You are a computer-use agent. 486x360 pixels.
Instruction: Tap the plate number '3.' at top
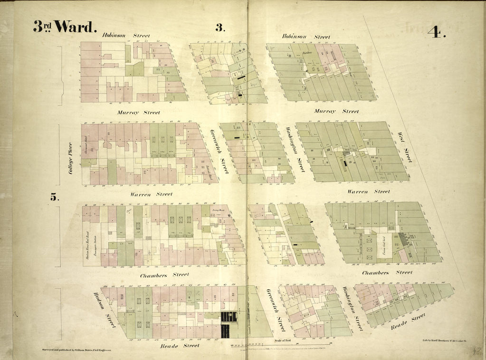point(219,28)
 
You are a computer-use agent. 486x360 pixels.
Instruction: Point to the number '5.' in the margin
point(55,197)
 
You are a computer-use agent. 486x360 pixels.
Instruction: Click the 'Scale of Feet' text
point(284,340)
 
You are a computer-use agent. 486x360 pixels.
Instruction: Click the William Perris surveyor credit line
point(78,350)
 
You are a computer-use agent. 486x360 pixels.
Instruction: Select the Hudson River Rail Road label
point(88,243)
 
